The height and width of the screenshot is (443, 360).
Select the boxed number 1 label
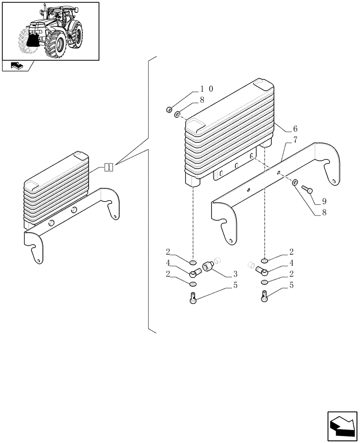click(109, 167)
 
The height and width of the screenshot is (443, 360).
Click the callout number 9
click(324, 201)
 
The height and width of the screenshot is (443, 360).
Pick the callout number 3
click(235, 273)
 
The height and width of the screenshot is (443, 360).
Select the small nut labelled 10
click(169, 109)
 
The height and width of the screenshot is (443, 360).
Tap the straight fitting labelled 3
click(208, 266)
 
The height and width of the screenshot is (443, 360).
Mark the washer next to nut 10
click(177, 115)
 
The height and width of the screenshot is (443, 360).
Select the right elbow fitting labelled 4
click(261, 272)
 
